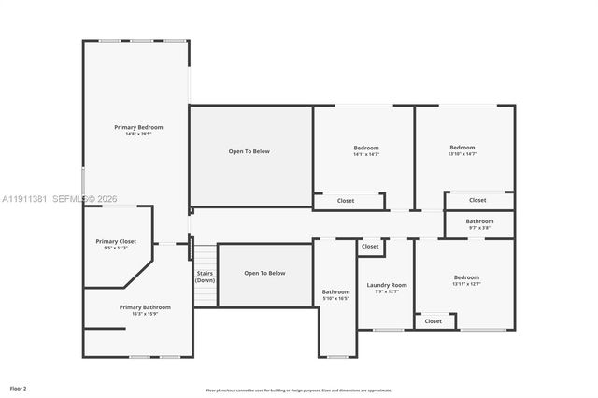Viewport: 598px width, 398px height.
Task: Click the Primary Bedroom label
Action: click(138, 127)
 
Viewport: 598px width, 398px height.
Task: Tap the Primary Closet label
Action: click(116, 241)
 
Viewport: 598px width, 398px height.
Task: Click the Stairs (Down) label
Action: click(205, 277)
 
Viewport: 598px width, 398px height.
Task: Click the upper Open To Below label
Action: click(249, 151)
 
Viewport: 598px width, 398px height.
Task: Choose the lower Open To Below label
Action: click(264, 273)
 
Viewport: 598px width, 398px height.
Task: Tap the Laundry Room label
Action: click(386, 285)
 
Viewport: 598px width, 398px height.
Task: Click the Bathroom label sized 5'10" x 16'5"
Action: click(335, 291)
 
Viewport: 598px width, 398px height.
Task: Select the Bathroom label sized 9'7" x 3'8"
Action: click(479, 221)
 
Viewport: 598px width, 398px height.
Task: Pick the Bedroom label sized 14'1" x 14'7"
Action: click(366, 149)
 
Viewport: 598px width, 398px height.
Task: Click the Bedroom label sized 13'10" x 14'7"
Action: click(463, 148)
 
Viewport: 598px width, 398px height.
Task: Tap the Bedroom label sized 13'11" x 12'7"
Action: click(466, 277)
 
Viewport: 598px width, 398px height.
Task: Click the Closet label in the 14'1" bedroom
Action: click(346, 200)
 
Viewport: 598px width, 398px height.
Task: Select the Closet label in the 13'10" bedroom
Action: click(477, 200)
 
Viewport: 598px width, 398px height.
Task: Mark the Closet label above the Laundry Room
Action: click(371, 247)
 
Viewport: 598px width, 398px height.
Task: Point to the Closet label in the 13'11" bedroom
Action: click(434, 320)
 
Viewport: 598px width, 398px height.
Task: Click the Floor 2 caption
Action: click(19, 387)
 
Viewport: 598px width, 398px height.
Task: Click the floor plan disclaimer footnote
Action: click(299, 390)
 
